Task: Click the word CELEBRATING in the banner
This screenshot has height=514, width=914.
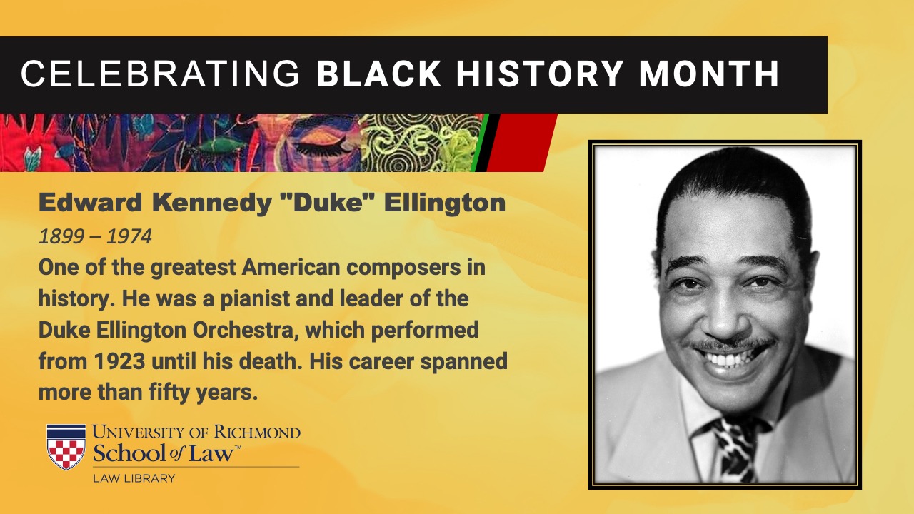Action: pos(161,74)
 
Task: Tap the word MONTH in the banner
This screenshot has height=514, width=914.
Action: pos(709,74)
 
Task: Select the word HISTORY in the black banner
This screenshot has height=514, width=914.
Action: pos(539,74)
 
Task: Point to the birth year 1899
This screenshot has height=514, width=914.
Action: pos(61,236)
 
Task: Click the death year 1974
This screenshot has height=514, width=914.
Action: pos(129,236)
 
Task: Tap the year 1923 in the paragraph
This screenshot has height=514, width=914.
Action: pos(119,361)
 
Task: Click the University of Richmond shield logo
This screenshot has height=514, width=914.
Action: pos(66,447)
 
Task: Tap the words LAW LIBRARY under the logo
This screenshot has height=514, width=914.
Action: pos(134,478)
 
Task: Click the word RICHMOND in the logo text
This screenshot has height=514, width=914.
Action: pos(257,433)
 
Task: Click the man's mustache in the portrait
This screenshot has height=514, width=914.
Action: pos(730,345)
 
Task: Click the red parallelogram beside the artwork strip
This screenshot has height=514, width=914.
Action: pos(522,142)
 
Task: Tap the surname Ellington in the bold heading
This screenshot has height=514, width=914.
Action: pos(445,203)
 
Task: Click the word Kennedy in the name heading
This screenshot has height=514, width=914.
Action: pos(212,203)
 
